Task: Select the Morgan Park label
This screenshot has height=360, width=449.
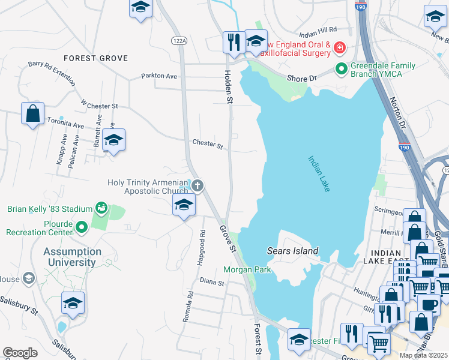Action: (247, 269)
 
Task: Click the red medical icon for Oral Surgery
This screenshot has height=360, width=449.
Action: (339, 47)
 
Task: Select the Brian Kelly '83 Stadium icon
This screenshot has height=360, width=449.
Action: (101, 209)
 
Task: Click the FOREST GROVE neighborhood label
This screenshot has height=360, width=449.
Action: (95, 58)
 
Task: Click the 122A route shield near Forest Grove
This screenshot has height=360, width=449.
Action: (178, 40)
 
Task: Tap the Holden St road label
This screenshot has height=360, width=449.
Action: (228, 87)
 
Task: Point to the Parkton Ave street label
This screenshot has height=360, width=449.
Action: (159, 76)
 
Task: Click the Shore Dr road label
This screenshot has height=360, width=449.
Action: (301, 79)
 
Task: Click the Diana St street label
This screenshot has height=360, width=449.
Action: (211, 281)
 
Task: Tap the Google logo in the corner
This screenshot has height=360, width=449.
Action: (20, 353)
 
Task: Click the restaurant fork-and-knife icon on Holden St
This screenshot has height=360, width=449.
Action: (232, 41)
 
